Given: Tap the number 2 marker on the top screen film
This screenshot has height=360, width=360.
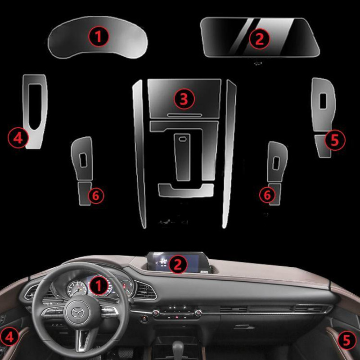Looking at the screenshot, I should (x=259, y=38).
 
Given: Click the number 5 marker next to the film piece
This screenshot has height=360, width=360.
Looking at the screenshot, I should (x=334, y=140).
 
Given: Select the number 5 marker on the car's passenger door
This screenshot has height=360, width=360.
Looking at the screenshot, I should (x=346, y=339).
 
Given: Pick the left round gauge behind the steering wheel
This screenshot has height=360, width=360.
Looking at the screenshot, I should (x=76, y=288).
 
